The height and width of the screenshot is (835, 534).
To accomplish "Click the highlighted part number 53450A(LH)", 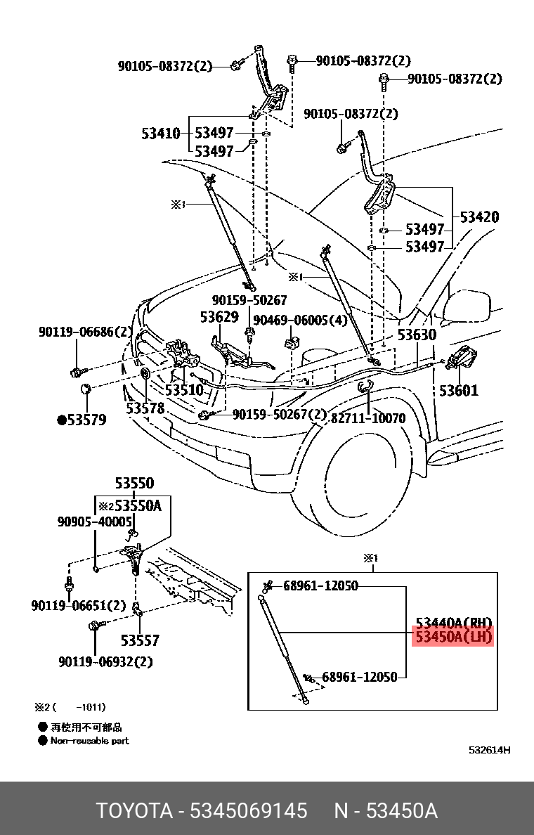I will pos(454,637).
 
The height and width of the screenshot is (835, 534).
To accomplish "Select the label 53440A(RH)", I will pos(454,623).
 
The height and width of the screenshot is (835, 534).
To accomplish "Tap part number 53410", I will pos(161,134).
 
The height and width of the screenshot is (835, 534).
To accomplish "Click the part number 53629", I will pos(219,317).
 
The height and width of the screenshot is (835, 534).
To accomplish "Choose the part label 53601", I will pos(459,390).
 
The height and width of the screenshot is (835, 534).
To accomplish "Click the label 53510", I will pos(184,389).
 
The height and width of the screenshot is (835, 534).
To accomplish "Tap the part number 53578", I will pos(145,408).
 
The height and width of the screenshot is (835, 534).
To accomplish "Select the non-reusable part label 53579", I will pos(82,420).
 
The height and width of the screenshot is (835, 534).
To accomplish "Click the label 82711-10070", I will pos(368,418).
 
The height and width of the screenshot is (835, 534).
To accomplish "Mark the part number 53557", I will pos(140,640).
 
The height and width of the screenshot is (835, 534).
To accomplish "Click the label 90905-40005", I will pos(95,522).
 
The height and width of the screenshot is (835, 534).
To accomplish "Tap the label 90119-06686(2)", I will pos(85,331).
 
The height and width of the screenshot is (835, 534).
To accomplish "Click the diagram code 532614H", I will pos(489,750).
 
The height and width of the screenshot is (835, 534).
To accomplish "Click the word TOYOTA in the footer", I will pos(134,810).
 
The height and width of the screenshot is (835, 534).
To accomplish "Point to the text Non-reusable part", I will pos(89,741).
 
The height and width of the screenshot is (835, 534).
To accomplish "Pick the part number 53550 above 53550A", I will pos(134,484).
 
